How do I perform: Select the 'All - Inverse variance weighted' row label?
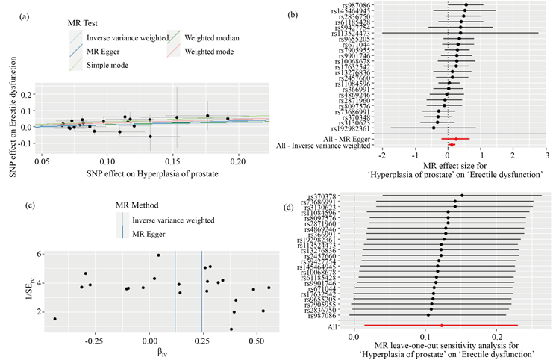point(323,146)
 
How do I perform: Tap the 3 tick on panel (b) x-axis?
point(546,155)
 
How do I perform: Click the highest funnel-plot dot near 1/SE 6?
point(158,255)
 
